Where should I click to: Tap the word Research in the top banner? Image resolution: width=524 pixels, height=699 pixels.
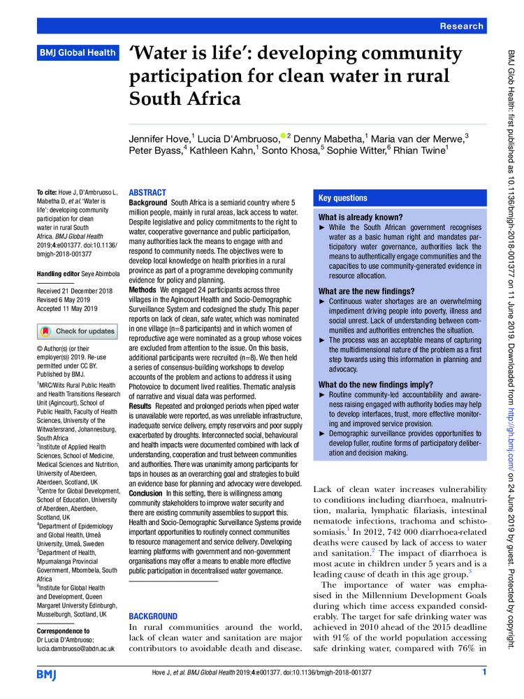(461, 26)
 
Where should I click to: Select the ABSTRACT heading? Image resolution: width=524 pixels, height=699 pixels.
(147, 192)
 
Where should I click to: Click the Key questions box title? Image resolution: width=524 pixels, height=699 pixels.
(342, 198)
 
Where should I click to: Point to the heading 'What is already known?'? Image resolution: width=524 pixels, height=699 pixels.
(360, 217)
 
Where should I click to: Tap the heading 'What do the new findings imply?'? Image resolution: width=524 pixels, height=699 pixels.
(374, 384)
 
